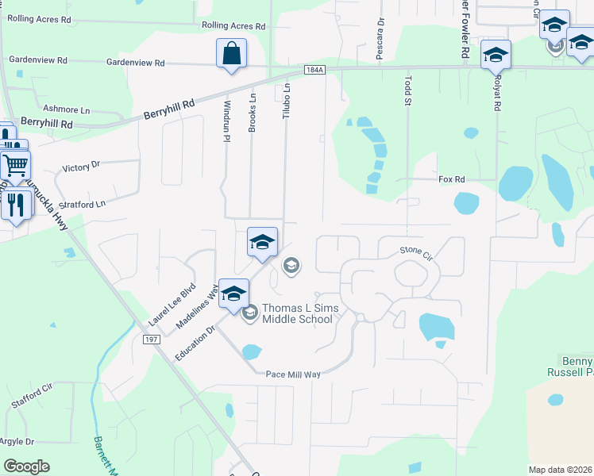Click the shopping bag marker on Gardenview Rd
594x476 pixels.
coord(231,54)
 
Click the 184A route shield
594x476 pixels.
coord(314,70)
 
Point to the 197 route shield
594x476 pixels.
coord(153,339)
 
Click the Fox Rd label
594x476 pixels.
coord(451,180)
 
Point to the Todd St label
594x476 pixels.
coord(409,90)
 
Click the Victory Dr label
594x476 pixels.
coord(81,167)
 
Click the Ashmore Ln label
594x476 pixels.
coord(65,109)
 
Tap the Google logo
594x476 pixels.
coord(26,466)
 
